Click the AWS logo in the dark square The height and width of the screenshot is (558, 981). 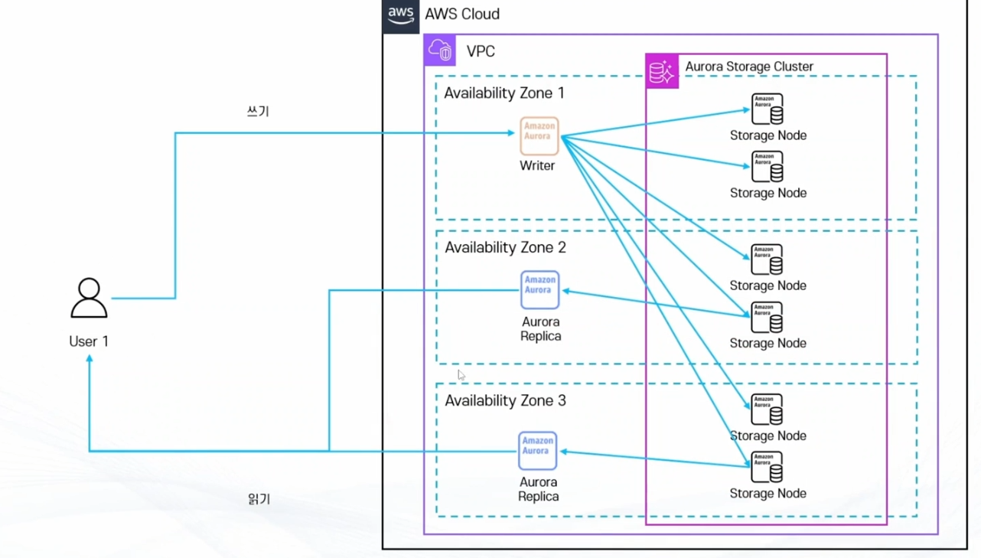(x=401, y=15)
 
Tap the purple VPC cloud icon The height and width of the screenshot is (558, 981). (x=441, y=51)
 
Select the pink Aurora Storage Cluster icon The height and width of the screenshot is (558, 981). (x=662, y=72)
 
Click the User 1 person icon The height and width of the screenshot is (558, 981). (x=89, y=298)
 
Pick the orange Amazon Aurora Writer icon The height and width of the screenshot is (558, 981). (x=539, y=135)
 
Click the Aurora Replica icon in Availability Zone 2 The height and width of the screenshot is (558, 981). (x=539, y=289)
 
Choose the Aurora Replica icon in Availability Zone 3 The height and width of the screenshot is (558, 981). (x=537, y=451)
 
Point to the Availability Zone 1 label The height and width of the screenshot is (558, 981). (x=504, y=93)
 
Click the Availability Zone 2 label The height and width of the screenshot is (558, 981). (x=505, y=248)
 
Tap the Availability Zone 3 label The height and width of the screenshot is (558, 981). (x=505, y=401)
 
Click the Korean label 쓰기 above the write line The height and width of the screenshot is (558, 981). (x=258, y=112)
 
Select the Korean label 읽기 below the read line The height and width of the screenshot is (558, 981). (x=259, y=499)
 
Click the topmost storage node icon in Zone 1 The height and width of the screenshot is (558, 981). (x=767, y=109)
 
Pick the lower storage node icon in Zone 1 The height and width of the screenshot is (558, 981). (x=767, y=167)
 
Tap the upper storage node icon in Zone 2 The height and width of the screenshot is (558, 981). (x=767, y=259)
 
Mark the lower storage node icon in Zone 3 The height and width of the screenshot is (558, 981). (x=767, y=467)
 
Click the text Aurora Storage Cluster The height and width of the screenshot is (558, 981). (x=749, y=67)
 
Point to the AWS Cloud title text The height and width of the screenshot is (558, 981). (x=462, y=15)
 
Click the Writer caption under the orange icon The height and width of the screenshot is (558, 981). (x=537, y=165)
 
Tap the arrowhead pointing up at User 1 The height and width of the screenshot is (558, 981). (x=90, y=360)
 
